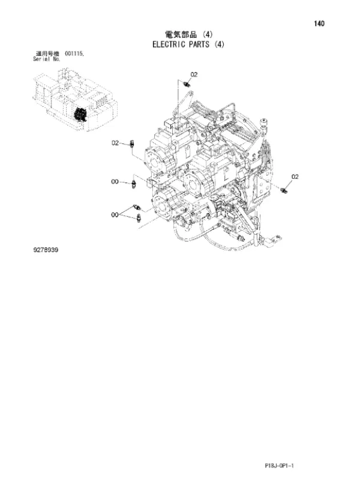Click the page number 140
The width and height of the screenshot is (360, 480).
pyautogui.click(x=319, y=23)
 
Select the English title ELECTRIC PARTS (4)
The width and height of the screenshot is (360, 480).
pyautogui.click(x=188, y=44)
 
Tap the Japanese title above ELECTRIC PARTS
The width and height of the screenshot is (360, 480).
pyautogui.click(x=189, y=34)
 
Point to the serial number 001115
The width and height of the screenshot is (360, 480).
pyautogui.click(x=74, y=54)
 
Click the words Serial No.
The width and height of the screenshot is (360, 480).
pyautogui.click(x=47, y=59)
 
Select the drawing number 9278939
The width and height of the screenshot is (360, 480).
pyautogui.click(x=46, y=250)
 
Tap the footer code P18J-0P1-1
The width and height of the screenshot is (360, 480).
pyautogui.click(x=279, y=466)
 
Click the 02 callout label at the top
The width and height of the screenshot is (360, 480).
pyautogui.click(x=194, y=74)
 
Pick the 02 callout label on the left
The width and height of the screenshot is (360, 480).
pyautogui.click(x=115, y=143)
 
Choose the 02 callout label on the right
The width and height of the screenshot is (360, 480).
pyautogui.click(x=295, y=176)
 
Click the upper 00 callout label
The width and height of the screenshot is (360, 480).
pyautogui.click(x=115, y=182)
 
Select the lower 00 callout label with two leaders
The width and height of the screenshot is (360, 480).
pyautogui.click(x=115, y=215)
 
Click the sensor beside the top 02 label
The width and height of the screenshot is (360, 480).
pyautogui.click(x=186, y=84)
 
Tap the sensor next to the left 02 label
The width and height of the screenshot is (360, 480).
pyautogui.click(x=132, y=143)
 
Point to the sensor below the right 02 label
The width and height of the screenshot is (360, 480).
pyautogui.click(x=284, y=191)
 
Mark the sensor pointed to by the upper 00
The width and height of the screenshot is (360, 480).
pyautogui.click(x=133, y=185)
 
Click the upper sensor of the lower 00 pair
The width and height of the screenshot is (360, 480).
pyautogui.click(x=137, y=207)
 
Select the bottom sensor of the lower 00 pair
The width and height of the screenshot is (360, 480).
pyautogui.click(x=139, y=218)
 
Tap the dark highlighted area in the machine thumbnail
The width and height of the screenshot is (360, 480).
pyautogui.click(x=81, y=115)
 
